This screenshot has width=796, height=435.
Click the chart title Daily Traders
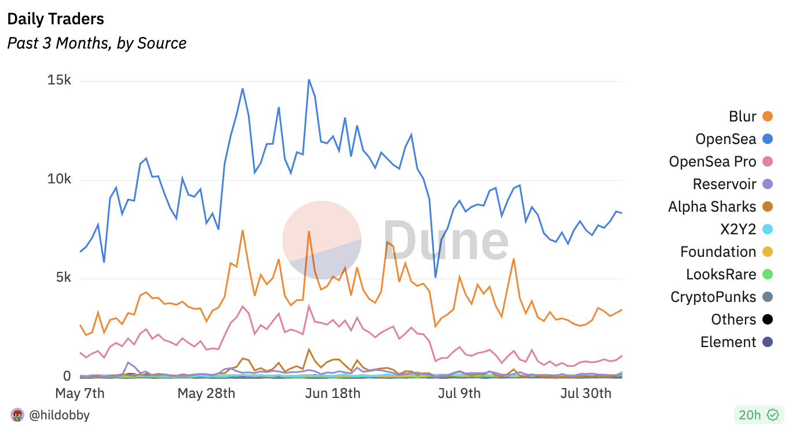pyautogui.click(x=56, y=19)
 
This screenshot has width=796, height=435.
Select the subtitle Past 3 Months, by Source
pyautogui.click(x=97, y=43)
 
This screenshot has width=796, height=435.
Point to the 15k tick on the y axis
pyautogui.click(x=59, y=80)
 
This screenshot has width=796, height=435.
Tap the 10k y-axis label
pyautogui.click(x=59, y=179)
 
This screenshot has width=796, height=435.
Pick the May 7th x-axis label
pyautogui.click(x=80, y=393)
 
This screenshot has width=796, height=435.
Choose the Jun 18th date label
pyautogui.click(x=333, y=393)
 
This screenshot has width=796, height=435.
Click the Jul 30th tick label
pyautogui.click(x=586, y=393)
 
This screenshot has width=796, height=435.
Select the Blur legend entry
pyautogui.click(x=743, y=116)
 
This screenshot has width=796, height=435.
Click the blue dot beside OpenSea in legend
pyautogui.click(x=768, y=139)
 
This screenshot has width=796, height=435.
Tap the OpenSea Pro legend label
pyautogui.click(x=713, y=161)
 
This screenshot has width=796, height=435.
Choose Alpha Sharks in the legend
pyautogui.click(x=712, y=207)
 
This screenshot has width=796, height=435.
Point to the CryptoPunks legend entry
pyautogui.click(x=713, y=297)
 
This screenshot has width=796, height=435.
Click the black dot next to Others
pyautogui.click(x=768, y=319)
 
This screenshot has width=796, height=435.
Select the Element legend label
pyautogui.click(x=728, y=342)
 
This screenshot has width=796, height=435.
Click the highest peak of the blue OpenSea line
pyautogui.click(x=309, y=80)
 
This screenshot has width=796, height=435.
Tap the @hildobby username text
pyautogui.click(x=59, y=415)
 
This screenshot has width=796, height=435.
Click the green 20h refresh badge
pyautogui.click(x=758, y=414)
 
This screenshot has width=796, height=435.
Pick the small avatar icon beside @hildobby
pyautogui.click(x=17, y=415)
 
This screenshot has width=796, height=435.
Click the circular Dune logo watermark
pyautogui.click(x=322, y=240)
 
